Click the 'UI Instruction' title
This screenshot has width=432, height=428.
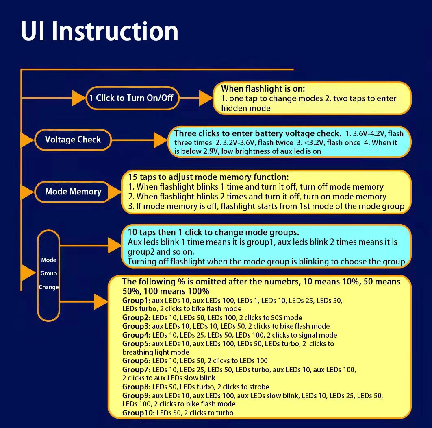(x=100, y=31)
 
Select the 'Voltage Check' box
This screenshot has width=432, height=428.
(x=73, y=140)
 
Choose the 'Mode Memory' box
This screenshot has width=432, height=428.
(x=73, y=192)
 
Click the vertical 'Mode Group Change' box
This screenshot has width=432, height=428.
(x=48, y=273)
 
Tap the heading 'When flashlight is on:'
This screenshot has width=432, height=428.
(x=263, y=89)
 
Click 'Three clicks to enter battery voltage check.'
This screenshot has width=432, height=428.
(x=258, y=133)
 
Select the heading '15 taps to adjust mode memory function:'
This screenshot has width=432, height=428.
(x=208, y=177)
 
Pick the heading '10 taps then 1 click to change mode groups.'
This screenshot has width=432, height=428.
(x=213, y=232)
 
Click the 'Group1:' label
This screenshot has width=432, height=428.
(x=136, y=301)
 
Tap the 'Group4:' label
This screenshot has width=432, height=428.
(x=136, y=335)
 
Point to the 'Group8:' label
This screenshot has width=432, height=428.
(x=136, y=387)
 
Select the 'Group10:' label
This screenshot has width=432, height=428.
(x=138, y=413)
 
